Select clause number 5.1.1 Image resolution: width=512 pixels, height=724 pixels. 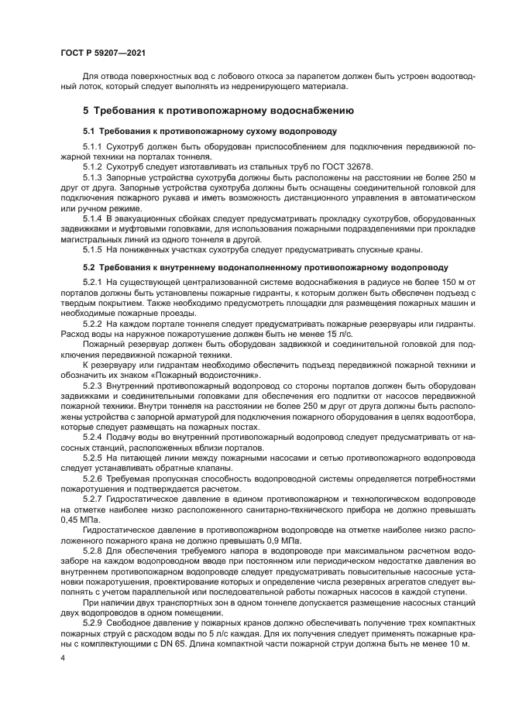click(92, 146)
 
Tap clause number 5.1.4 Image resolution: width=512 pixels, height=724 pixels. click(92, 218)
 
